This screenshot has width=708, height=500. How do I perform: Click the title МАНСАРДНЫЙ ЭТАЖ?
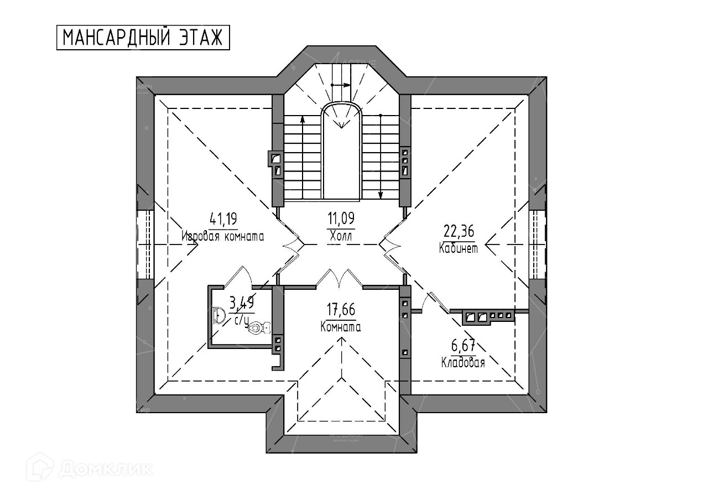(x=143, y=38)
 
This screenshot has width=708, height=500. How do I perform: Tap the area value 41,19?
(x=223, y=220)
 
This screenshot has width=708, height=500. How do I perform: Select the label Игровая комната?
(x=223, y=236)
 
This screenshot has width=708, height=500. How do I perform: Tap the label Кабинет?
(x=459, y=248)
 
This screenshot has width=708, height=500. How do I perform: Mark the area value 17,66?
(x=341, y=310)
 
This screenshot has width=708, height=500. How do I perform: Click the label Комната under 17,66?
(x=341, y=327)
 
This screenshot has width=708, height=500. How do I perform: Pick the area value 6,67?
(x=463, y=346)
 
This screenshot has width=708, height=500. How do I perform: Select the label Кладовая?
(x=463, y=363)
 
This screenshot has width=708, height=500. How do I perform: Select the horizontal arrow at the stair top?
(x=340, y=85)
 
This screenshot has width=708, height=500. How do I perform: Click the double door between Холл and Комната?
(x=339, y=277)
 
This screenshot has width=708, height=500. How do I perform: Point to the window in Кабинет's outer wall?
(x=537, y=244)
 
